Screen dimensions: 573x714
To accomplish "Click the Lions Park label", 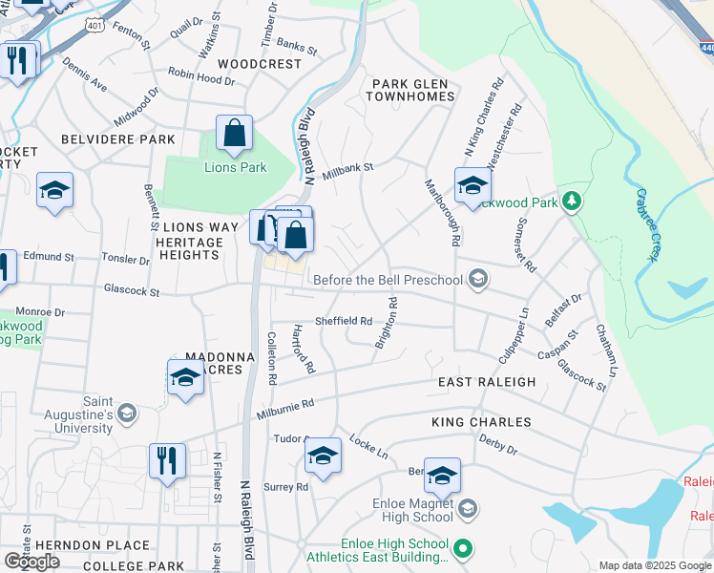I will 235,168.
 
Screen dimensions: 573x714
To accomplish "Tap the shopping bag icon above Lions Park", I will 234,135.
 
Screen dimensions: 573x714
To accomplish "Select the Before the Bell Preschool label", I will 388,280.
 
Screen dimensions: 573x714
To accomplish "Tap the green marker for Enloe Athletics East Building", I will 463,548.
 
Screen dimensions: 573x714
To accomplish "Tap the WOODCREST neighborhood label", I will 260,64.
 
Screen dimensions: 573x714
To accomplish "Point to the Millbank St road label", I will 347,172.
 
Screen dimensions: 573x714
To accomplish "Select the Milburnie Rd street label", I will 285,409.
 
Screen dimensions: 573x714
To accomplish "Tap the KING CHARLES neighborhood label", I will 481,421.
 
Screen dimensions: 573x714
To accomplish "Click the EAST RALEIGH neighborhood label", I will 487,382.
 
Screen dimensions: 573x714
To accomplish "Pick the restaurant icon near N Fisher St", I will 167,461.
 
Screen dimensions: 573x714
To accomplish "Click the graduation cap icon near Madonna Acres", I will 185,378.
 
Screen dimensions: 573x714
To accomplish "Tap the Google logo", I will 31,562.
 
